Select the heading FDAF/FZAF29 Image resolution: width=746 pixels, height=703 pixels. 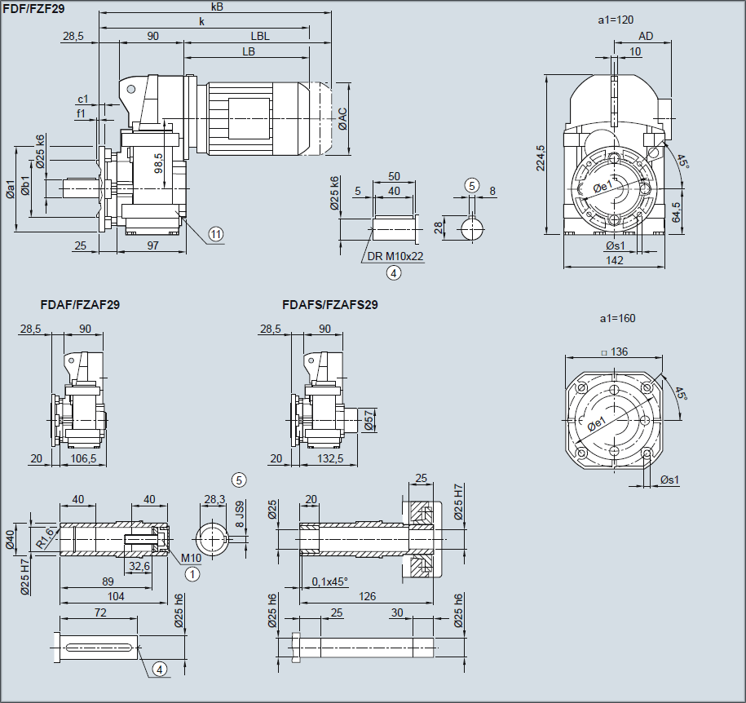pyautogui.click(x=80, y=305)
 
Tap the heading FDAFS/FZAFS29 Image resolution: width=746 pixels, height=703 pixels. pyautogui.click(x=329, y=305)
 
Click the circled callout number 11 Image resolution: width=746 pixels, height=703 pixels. pyautogui.click(x=215, y=234)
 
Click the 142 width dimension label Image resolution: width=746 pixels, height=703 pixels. pyautogui.click(x=616, y=260)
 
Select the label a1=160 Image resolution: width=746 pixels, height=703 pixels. pyautogui.click(x=616, y=318)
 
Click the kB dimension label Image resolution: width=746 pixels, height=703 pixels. pyautogui.click(x=216, y=7)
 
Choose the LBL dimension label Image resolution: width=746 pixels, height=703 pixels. pyautogui.click(x=260, y=36)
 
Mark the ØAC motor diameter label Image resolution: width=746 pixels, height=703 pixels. pyautogui.click(x=343, y=118)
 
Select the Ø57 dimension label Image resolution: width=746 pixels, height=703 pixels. pyautogui.click(x=369, y=419)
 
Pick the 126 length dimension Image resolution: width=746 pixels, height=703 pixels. pyautogui.click(x=368, y=597)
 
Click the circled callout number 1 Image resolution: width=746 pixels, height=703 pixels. pyautogui.click(x=193, y=573)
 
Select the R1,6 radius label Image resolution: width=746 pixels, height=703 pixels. pyautogui.click(x=45, y=537)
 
